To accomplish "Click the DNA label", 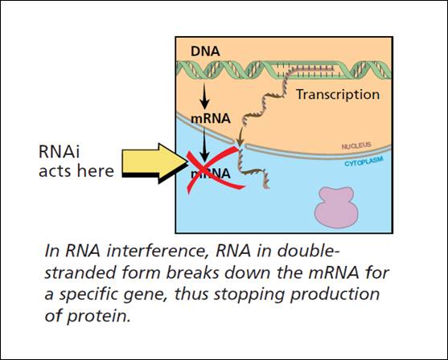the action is point(205,51).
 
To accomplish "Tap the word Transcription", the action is point(338,95).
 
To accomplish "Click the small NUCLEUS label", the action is point(356,146).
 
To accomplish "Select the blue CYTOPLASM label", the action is point(364,162).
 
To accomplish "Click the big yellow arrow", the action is point(154,162).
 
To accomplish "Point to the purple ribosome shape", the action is point(336,207).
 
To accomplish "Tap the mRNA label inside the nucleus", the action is point(211,118).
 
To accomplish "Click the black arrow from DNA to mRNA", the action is point(204,96).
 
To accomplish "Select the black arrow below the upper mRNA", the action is point(204,144).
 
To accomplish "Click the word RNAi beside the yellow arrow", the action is point(59,151).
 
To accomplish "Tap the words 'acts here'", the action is point(76,171).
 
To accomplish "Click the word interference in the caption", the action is point(157,251).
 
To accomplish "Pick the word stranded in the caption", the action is point(81,272).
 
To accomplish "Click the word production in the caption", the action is point(335,295).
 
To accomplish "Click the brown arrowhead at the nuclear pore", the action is point(240,141).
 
